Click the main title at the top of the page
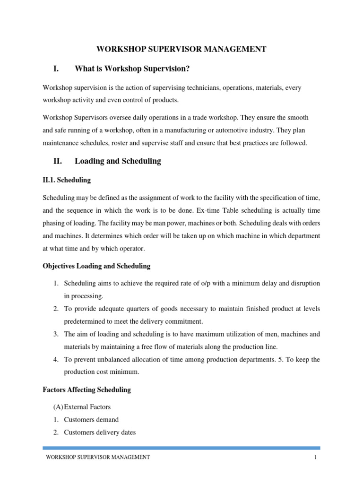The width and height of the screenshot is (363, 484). click(181, 49)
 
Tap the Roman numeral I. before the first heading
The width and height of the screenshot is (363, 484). click(56, 69)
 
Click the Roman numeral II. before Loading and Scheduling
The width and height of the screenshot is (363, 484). click(58, 161)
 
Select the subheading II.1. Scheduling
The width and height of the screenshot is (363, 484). click(67, 180)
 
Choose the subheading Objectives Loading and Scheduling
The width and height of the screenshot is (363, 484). click(96, 266)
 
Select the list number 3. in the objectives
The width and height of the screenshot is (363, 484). click(55, 334)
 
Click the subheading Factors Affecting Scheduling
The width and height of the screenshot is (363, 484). click(86, 390)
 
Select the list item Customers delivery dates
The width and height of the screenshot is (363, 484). click(100, 432)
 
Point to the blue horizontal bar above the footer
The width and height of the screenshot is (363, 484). click(181, 448)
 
